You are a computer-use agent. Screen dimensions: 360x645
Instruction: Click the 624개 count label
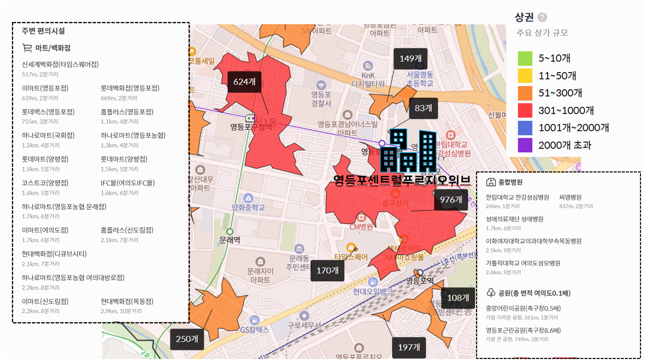point(244,82)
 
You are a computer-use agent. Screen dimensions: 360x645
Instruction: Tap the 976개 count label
point(451,200)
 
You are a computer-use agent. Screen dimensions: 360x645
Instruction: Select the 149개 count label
point(411,58)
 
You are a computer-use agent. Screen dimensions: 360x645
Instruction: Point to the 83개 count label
point(423,108)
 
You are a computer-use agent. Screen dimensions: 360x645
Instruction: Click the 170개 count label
point(327,271)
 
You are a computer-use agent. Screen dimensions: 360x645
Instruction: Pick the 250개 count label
point(187,339)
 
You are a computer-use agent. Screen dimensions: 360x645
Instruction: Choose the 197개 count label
point(409,347)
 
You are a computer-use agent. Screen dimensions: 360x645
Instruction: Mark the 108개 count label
point(458,298)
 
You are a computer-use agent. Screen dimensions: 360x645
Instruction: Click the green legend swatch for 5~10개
point(525,58)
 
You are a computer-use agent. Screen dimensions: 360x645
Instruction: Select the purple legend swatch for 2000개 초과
point(525,145)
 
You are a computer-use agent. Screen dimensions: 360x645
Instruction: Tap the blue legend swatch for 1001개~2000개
point(525,128)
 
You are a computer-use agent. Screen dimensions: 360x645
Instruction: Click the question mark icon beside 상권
point(542,18)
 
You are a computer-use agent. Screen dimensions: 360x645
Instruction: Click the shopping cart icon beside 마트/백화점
point(27,48)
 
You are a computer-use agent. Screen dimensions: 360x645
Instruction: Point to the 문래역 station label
point(230,241)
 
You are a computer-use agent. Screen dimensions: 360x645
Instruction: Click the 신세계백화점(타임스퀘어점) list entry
point(61,65)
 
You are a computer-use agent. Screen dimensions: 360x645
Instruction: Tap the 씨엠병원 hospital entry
point(570,197)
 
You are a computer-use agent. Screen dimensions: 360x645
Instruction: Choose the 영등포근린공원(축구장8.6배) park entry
point(523,331)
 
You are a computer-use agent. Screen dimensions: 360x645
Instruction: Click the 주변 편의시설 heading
point(43,31)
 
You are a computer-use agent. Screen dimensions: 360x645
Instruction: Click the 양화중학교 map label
point(248,208)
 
